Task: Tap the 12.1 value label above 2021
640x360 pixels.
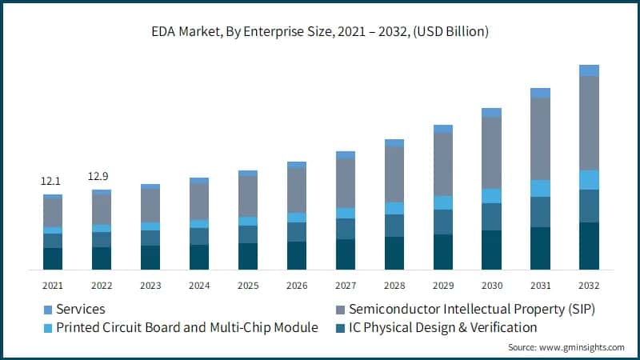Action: pyautogui.click(x=51, y=182)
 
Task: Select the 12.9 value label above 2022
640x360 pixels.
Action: pyautogui.click(x=99, y=176)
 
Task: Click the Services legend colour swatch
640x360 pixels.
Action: pyautogui.click(x=47, y=309)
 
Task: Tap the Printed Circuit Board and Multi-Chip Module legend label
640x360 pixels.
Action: pyautogui.click(x=187, y=327)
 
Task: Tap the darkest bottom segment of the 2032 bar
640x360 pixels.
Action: pyautogui.click(x=590, y=246)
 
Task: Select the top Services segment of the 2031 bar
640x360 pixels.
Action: pyautogui.click(x=541, y=93)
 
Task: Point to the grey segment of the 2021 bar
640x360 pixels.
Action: pyautogui.click(x=53, y=212)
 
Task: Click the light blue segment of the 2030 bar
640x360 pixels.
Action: pyautogui.click(x=492, y=196)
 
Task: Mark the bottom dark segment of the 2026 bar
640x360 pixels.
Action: pyautogui.click(x=297, y=255)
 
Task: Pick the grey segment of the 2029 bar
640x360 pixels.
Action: pyautogui.click(x=443, y=164)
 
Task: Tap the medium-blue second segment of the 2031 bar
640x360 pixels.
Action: pyautogui.click(x=541, y=212)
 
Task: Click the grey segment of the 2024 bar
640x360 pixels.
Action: pyautogui.click(x=199, y=202)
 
